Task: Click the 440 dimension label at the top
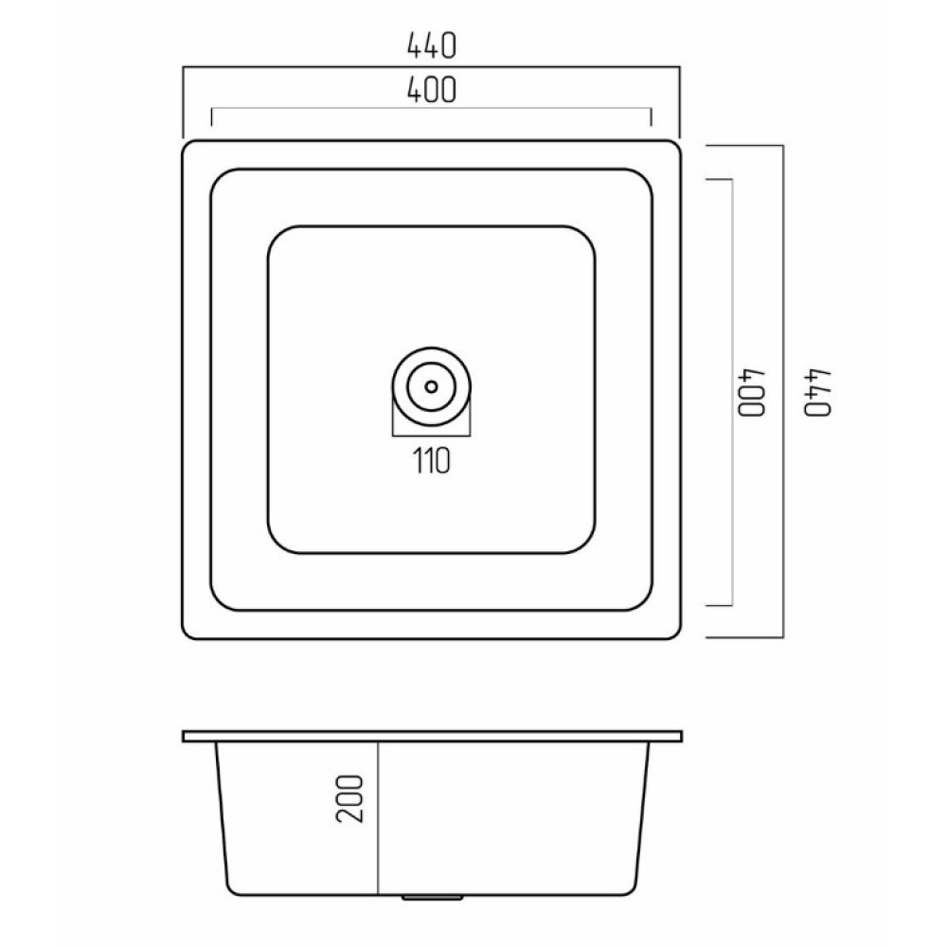pyautogui.click(x=431, y=45)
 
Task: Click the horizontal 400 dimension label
pyautogui.click(x=431, y=90)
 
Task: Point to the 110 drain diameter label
pyautogui.click(x=431, y=461)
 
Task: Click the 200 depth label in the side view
pyautogui.click(x=349, y=798)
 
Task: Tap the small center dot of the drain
pyautogui.click(x=431, y=386)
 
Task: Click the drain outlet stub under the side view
pyautogui.click(x=432, y=898)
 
